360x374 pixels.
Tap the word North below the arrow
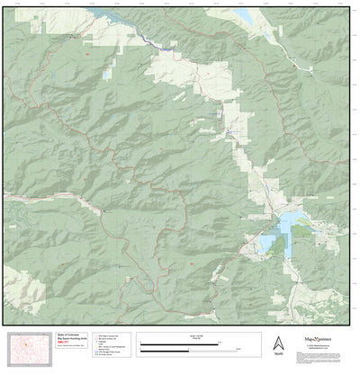click(279, 353)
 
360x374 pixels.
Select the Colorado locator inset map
click(27, 347)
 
